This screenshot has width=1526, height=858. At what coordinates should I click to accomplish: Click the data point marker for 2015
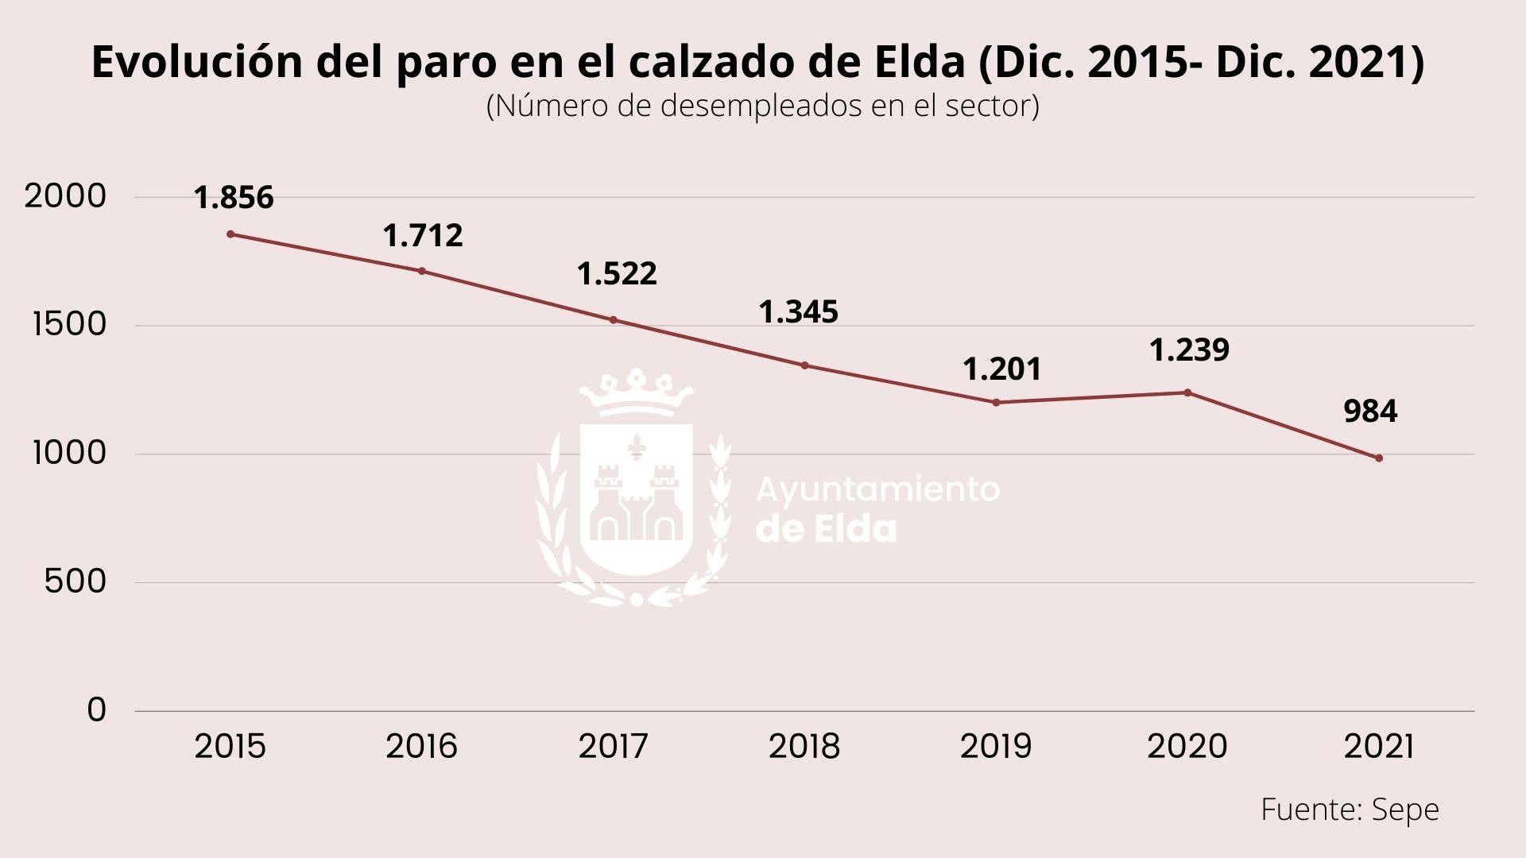click(x=230, y=234)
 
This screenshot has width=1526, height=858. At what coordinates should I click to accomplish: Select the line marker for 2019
click(x=996, y=402)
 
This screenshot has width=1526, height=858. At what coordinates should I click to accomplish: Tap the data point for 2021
click(x=1379, y=458)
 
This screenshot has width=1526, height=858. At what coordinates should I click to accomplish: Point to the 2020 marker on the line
click(x=1187, y=392)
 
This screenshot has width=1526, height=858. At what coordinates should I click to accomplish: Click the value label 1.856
click(x=234, y=197)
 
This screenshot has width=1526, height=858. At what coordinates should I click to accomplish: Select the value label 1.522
click(x=617, y=273)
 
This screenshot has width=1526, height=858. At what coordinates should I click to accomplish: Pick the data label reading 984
click(x=1370, y=412)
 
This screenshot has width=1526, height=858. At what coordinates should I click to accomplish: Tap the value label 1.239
click(x=1189, y=350)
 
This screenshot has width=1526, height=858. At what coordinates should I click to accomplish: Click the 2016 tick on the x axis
click(x=421, y=747)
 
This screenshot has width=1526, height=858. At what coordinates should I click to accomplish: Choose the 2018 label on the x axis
click(x=804, y=747)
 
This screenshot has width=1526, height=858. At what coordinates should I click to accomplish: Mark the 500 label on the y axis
click(x=75, y=582)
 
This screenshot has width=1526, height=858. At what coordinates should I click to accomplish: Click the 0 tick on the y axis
click(x=96, y=709)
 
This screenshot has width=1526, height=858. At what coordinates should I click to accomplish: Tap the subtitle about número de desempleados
click(x=762, y=106)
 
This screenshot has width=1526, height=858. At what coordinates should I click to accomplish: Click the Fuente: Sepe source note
click(x=1350, y=810)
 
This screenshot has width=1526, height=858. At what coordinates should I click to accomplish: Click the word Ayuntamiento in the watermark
click(x=877, y=490)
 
